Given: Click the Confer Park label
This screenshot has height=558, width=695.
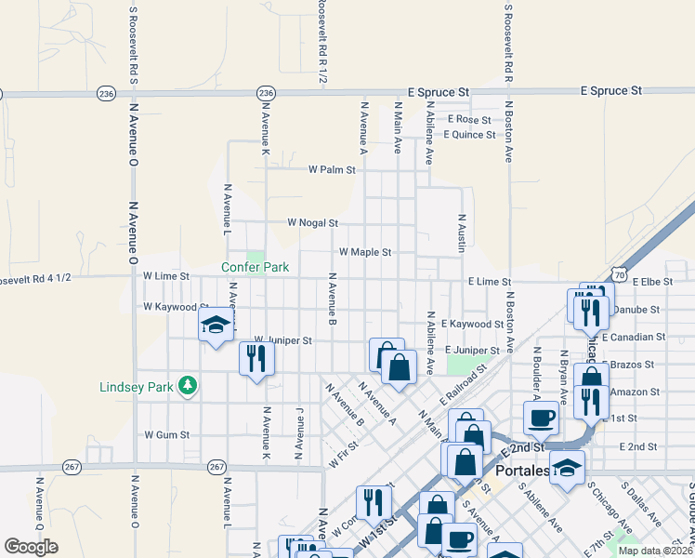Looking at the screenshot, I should click(255, 267).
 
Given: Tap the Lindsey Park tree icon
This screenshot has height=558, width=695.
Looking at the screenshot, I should click(188, 385).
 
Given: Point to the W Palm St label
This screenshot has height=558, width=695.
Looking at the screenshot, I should click(332, 170).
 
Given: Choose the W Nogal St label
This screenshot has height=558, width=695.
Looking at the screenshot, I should click(312, 223).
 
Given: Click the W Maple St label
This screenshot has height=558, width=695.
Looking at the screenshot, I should click(364, 252).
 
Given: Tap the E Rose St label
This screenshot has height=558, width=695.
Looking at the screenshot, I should click(469, 120).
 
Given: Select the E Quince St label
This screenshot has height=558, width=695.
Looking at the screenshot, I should click(469, 135).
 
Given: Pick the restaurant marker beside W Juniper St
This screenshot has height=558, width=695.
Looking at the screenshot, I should click(256, 358).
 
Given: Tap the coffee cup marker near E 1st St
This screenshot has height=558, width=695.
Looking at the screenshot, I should click(541, 417).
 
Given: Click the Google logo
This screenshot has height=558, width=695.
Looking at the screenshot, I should click(31, 547).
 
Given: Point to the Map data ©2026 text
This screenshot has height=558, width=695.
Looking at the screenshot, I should click(654, 550).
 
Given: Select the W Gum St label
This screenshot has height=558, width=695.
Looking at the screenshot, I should click(167, 434).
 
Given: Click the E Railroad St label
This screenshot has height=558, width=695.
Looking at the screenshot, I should click(464, 382).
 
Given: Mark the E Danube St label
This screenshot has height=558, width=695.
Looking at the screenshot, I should click(638, 309).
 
